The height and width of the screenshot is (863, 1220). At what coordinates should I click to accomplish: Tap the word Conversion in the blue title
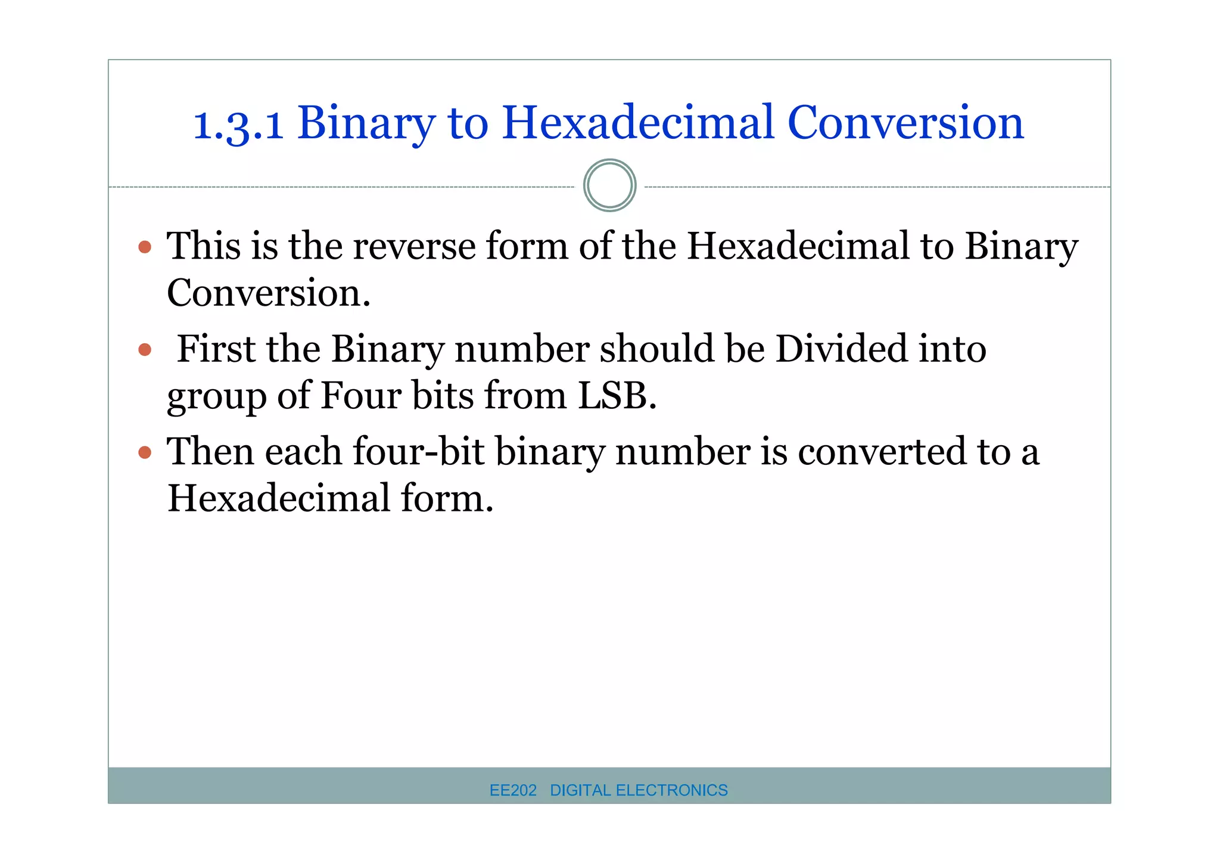tap(905, 123)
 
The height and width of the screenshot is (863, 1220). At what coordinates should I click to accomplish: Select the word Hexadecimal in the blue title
tap(638, 123)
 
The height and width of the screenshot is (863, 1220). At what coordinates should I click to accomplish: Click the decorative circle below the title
tap(609, 185)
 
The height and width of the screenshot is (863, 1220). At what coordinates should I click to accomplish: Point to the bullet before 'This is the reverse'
tap(145, 247)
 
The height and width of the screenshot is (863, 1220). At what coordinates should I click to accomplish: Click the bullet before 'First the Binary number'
tap(145, 349)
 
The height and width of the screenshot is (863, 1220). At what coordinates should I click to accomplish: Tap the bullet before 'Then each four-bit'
tap(145, 452)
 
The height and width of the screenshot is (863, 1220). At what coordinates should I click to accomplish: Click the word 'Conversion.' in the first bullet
tap(269, 293)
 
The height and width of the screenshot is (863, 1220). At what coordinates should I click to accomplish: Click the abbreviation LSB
tap(617, 396)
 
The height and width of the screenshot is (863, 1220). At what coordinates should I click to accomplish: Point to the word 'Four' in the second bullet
tap(360, 396)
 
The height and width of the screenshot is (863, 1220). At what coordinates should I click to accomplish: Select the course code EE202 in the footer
tap(513, 790)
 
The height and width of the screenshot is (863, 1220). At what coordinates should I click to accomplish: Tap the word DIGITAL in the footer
tap(580, 790)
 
